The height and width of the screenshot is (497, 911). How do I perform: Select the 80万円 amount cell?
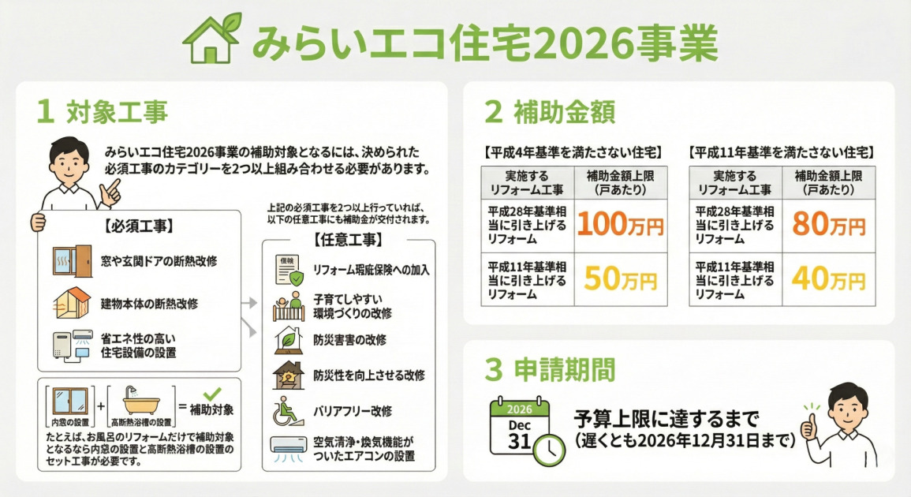click(829, 226)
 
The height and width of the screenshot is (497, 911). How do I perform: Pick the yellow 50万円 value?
click(621, 279)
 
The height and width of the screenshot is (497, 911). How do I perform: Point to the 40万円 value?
click(829, 279)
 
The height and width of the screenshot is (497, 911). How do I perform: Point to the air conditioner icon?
click(288, 447)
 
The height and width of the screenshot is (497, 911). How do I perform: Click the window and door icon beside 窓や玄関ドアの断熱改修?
click(71, 260)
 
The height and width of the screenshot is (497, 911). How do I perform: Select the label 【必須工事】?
click(139, 226)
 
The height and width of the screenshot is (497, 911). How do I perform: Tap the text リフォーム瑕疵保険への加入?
click(371, 270)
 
